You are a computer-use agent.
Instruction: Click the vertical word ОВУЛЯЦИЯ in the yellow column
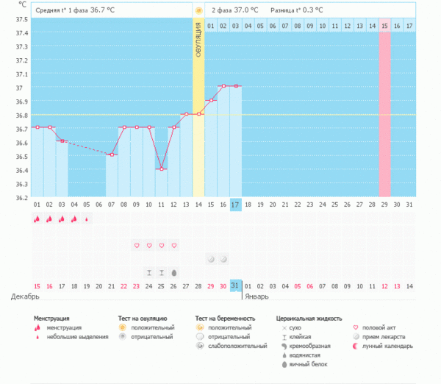click(198, 44)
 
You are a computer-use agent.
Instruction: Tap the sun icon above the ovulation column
click(198, 10)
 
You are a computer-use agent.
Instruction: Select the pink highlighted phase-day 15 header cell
click(384, 26)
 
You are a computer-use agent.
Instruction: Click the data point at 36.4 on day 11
click(161, 169)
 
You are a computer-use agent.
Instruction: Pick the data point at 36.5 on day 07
click(111, 154)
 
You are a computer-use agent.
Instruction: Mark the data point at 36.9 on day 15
click(211, 100)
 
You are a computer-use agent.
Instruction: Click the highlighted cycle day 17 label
click(235, 204)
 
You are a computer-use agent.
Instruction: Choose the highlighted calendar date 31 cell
click(235, 285)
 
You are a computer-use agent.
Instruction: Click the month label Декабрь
click(25, 296)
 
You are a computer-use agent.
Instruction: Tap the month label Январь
click(257, 296)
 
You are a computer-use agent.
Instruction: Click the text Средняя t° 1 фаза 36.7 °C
click(76, 11)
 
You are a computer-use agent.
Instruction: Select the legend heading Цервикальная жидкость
click(309, 319)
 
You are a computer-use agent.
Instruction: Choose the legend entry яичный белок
click(307, 363)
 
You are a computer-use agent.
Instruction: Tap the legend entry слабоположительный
click(237, 346)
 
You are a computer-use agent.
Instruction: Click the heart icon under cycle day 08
click(136, 245)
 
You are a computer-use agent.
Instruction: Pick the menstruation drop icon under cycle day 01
click(37, 218)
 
